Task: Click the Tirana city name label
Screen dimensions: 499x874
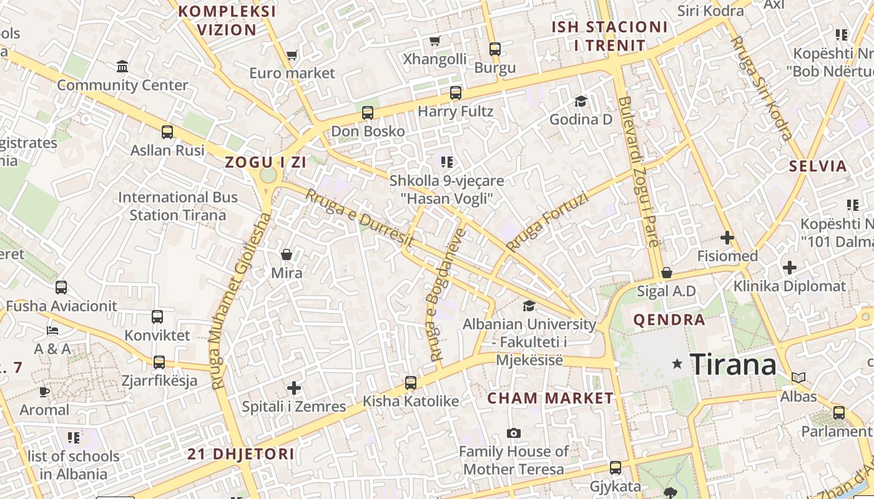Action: pos(733,364)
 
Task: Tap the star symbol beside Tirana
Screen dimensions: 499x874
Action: pos(677,363)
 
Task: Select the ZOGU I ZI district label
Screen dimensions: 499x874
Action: pos(265,162)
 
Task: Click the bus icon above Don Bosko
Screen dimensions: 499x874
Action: pos(368,113)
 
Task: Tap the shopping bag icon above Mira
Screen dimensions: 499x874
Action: pos(287,254)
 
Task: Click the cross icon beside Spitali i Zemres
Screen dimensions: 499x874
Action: pos(294,388)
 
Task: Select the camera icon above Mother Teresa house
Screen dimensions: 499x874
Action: pos(514,433)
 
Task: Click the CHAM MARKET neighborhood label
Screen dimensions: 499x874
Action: pos(551,398)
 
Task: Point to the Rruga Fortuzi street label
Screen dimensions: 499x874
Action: pos(547,222)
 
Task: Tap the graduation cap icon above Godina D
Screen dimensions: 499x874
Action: pos(581,101)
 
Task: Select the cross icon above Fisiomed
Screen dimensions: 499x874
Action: pos(727,238)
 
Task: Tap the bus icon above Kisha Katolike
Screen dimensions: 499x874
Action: pos(411,383)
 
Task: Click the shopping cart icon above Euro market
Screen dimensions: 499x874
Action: pos(292,56)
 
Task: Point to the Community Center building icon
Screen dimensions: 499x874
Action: pos(122,66)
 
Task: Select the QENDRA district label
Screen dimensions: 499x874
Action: pos(669,320)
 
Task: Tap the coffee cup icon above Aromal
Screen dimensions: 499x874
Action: pos(44,392)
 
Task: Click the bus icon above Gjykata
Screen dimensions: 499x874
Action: pos(616,468)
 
